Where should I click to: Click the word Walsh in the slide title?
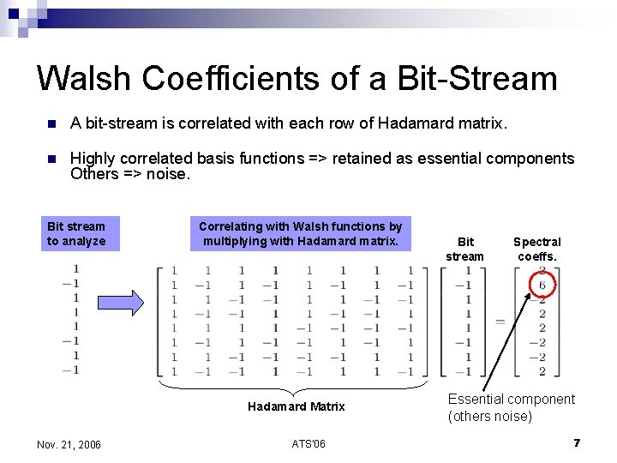click(x=84, y=78)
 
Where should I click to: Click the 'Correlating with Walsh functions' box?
click(x=300, y=233)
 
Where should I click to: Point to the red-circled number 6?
click(x=542, y=285)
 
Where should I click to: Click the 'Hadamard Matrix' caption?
click(x=296, y=406)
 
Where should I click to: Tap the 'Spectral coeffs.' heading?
click(x=536, y=249)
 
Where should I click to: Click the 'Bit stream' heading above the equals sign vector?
click(x=465, y=249)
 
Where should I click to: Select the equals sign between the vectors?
click(x=499, y=322)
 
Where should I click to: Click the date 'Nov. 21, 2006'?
click(x=69, y=444)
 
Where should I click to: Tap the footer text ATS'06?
click(x=308, y=443)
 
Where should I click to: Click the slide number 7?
click(x=577, y=443)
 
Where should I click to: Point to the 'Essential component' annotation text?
click(x=511, y=400)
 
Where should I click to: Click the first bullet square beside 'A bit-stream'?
click(x=51, y=124)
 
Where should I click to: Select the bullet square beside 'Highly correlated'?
click(x=51, y=159)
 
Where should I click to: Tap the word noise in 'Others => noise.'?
click(x=168, y=174)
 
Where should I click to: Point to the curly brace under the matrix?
click(x=296, y=387)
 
